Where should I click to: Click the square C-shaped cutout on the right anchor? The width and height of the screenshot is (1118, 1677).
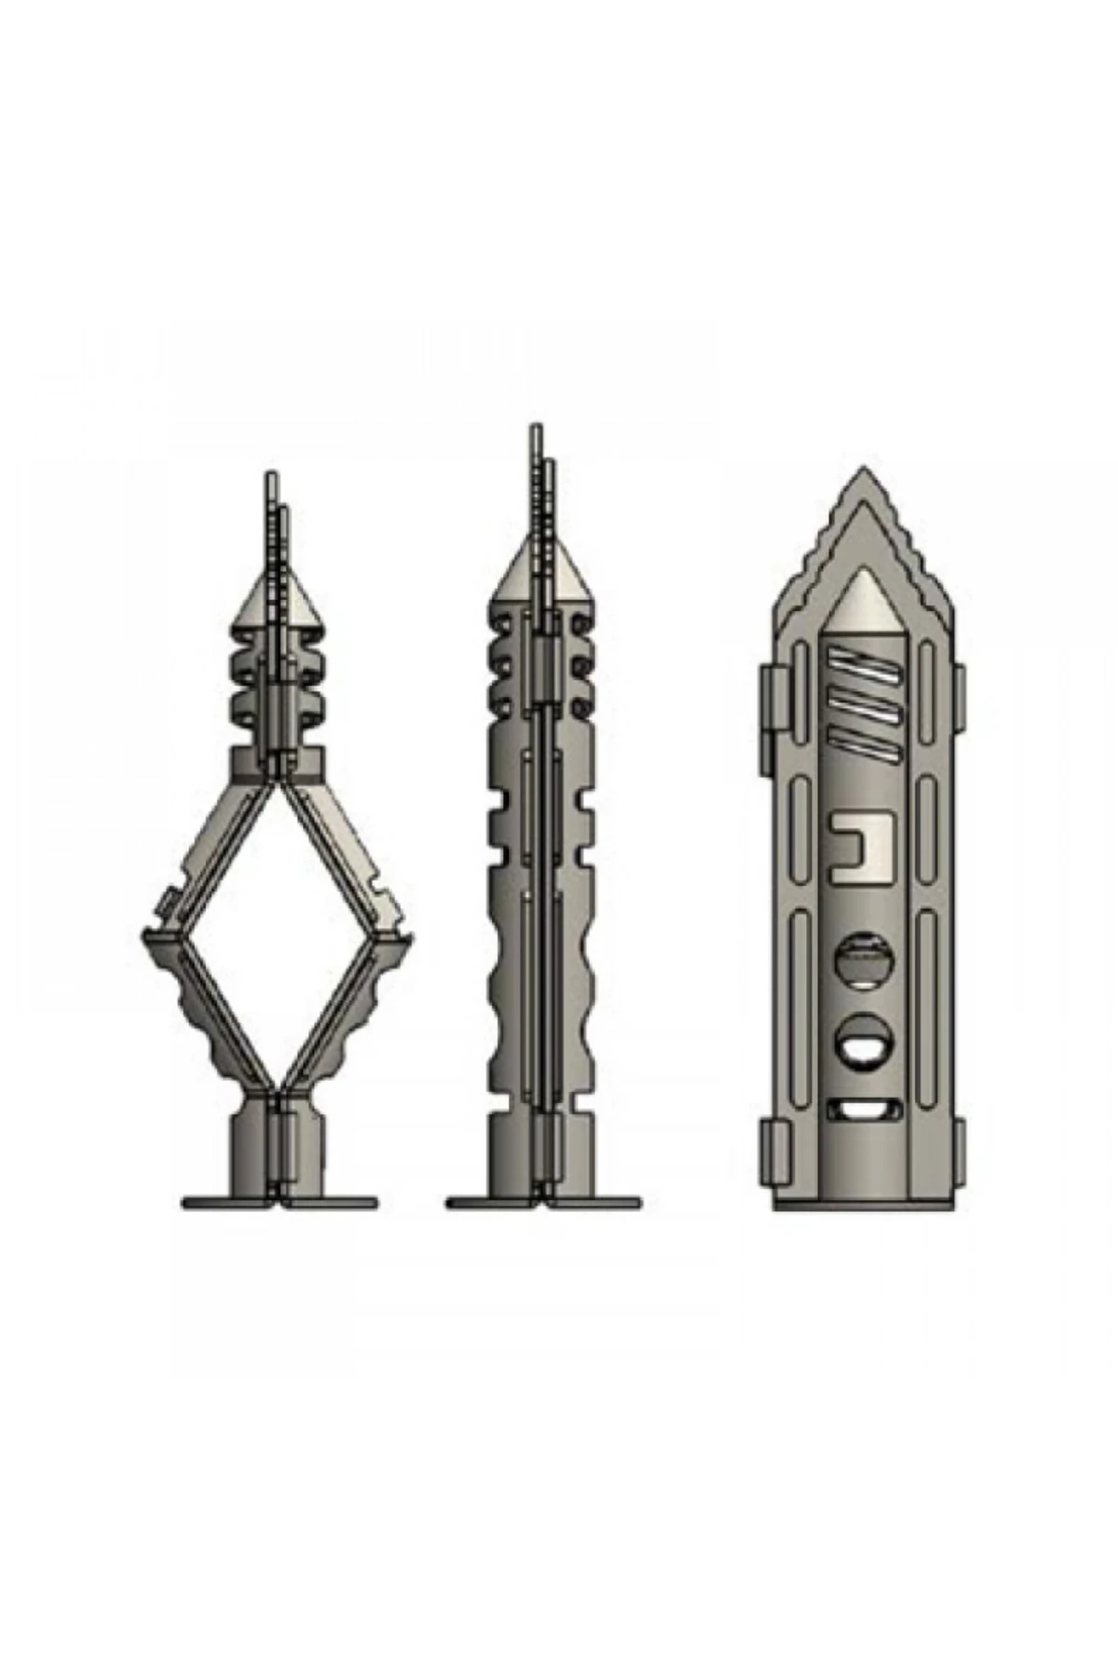pos(863,845)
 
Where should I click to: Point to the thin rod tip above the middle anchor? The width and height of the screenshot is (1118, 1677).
pos(536,438)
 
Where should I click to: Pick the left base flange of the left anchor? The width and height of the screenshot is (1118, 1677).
pos(228,1203)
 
